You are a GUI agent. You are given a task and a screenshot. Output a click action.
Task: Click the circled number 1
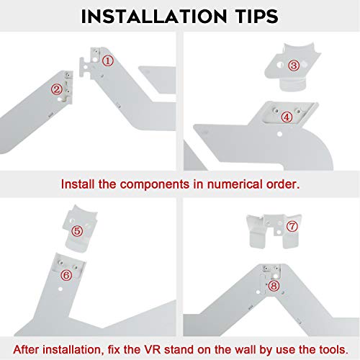[108, 60]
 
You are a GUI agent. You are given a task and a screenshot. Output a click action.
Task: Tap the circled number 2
[57, 89]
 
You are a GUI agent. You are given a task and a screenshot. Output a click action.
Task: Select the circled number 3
[294, 66]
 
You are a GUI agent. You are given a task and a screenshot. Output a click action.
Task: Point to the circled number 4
[287, 117]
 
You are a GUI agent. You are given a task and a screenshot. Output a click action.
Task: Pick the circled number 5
[77, 231]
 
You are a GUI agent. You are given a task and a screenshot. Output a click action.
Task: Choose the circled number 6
[66, 275]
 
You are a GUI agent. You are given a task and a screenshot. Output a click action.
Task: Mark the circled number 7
[292, 226]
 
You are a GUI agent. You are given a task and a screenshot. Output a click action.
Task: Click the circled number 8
[274, 286]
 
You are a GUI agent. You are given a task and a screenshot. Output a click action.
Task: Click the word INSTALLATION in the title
[154, 17]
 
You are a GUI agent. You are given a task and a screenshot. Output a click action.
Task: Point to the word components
[155, 185]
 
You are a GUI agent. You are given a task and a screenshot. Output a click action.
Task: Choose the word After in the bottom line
[26, 349]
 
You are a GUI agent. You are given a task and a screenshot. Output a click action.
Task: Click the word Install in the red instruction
[78, 184]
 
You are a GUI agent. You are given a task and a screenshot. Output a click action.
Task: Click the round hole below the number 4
[279, 134]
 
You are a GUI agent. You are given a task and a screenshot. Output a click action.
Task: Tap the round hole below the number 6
[60, 289]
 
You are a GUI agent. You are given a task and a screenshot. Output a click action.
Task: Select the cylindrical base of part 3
[293, 85]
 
